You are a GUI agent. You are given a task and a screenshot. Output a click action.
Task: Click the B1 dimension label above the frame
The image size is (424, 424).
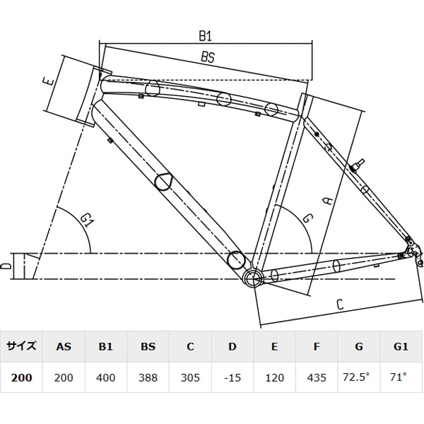(206, 35)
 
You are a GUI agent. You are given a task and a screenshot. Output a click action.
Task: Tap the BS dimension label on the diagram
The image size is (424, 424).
(207, 59)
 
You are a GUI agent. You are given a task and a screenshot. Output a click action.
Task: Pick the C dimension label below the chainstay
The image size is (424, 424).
(339, 305)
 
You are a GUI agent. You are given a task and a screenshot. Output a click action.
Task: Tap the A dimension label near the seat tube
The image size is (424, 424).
(326, 200)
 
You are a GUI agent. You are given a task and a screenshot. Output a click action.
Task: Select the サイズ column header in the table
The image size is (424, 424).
(21, 347)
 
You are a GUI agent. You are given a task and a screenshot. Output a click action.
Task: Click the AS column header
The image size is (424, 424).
(64, 347)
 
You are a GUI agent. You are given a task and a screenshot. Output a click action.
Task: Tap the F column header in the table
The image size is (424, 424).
(317, 347)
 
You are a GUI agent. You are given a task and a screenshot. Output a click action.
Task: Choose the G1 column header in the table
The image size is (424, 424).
(401, 347)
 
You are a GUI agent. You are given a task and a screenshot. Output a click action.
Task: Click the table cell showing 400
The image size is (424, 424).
(106, 377)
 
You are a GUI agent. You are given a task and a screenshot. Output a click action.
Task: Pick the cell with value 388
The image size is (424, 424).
(148, 377)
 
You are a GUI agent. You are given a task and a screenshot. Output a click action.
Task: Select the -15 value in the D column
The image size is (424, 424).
(232, 377)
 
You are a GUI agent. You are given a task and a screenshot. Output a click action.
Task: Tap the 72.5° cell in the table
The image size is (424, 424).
(359, 377)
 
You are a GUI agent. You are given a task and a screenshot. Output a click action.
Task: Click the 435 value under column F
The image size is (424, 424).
(317, 377)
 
